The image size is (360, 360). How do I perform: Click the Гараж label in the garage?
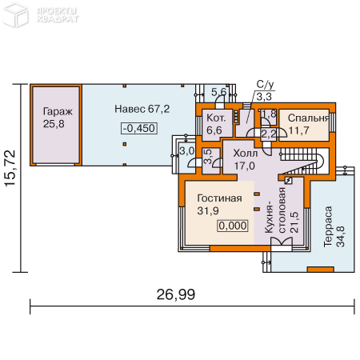(57, 112)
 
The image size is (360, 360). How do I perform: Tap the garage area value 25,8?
(57, 124)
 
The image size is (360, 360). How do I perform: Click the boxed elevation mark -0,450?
(139, 128)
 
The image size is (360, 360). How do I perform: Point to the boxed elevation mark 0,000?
(232, 226)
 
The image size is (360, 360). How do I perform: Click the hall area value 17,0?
(243, 166)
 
